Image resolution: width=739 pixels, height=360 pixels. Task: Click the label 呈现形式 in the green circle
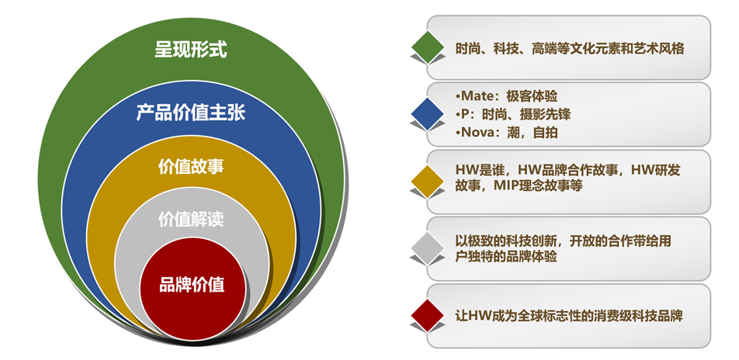click(x=191, y=50)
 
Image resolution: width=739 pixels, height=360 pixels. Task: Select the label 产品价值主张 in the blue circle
click(x=191, y=113)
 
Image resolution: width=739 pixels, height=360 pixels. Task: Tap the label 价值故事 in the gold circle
click(x=191, y=168)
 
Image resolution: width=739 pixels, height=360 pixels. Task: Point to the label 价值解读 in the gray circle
click(x=191, y=220)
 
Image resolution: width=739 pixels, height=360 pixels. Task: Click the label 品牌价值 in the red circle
click(x=192, y=285)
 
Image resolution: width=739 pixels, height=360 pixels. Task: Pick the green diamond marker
click(x=428, y=47)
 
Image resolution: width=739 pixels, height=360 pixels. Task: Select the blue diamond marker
click(x=428, y=114)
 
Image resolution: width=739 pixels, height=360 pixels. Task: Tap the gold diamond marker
click(x=428, y=182)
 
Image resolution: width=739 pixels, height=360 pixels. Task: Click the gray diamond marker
click(x=428, y=248)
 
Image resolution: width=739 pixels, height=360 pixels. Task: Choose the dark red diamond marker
click(x=428, y=315)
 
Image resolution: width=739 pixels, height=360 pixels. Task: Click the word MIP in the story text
click(x=505, y=185)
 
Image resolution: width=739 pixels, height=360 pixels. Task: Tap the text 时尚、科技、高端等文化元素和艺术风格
click(x=569, y=49)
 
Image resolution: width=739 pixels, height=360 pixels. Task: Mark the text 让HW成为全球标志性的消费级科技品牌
click(x=569, y=316)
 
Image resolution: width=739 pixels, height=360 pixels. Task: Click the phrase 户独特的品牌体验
click(x=505, y=257)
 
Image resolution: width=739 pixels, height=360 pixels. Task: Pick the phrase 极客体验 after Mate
click(x=532, y=97)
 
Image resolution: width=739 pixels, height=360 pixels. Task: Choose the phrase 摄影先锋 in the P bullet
click(x=546, y=115)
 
